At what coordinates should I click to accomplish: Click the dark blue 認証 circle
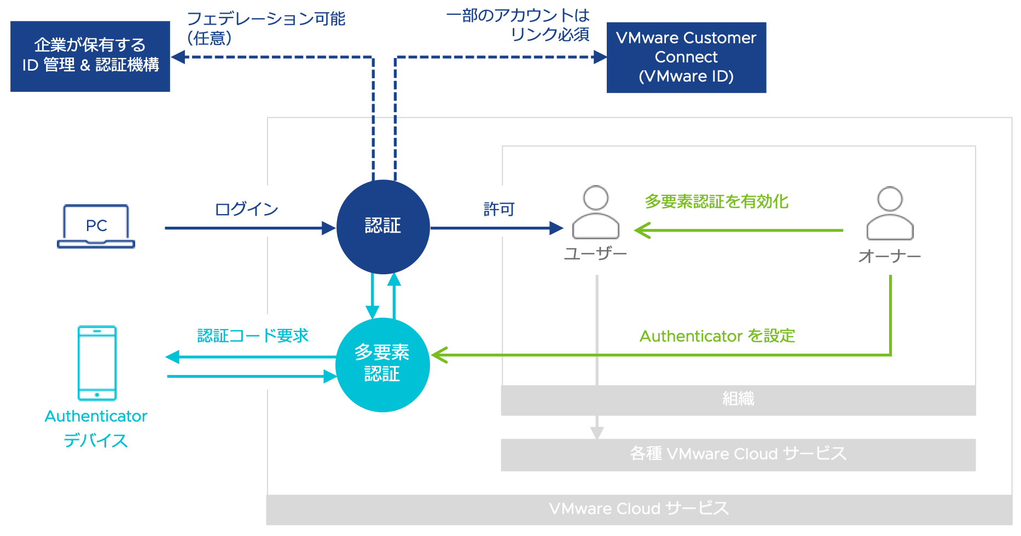coord(383,227)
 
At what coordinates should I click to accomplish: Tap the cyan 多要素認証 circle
coord(382,365)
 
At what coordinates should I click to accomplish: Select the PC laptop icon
coord(96,226)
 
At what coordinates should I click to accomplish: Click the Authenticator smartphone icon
coord(97,363)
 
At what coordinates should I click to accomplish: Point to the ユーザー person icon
coord(596,214)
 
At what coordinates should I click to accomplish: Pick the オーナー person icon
coord(890,214)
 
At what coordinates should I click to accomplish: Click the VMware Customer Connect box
coord(686,57)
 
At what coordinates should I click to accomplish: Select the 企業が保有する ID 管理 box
coord(90,56)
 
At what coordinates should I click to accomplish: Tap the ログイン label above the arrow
coord(246,209)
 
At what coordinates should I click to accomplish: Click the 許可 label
coord(499,209)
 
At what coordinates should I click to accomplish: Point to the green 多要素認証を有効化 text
coord(716,201)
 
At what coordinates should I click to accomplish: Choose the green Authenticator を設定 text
coord(717,336)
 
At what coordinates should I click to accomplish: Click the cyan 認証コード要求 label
coord(253,336)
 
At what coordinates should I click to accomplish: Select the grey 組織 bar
coord(738,400)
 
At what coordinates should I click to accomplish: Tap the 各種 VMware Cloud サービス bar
coord(738,454)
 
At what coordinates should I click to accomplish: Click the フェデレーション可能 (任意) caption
coord(266,28)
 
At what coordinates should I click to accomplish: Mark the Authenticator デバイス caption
coord(96,428)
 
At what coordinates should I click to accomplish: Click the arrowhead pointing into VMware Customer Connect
coord(600,57)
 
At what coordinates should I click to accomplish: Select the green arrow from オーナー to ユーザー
coord(739,230)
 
